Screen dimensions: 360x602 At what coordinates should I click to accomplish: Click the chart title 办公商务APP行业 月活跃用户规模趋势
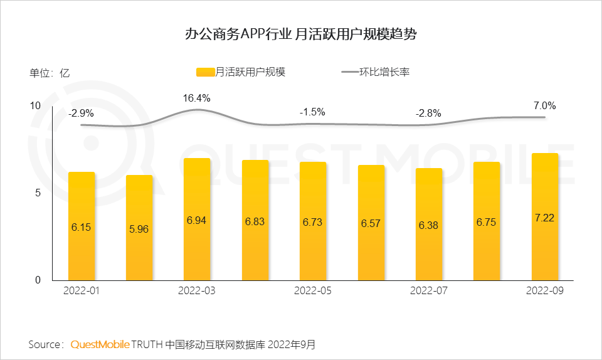(x=301, y=34)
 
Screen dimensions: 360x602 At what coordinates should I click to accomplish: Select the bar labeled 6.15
(x=82, y=226)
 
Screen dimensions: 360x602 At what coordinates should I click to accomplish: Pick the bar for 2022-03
(x=197, y=220)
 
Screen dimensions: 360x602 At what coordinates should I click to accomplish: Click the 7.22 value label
(x=544, y=218)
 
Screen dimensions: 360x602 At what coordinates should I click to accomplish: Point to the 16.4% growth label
(x=196, y=98)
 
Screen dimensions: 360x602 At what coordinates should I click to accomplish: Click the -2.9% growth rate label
(x=81, y=114)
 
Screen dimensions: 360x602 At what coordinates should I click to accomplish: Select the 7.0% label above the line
(x=544, y=105)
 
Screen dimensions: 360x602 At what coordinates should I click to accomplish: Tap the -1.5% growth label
(x=312, y=112)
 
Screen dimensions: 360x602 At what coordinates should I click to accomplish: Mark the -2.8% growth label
(x=428, y=114)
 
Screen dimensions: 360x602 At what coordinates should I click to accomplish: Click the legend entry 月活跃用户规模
(x=241, y=72)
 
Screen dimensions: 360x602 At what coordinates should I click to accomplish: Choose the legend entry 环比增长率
(x=376, y=72)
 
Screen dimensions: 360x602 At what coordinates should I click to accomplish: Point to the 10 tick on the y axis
(x=36, y=105)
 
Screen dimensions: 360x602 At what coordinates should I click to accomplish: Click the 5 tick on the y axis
(x=38, y=193)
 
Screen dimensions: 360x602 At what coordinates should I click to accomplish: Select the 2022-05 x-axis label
(x=313, y=291)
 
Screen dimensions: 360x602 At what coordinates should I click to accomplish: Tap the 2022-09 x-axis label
(x=544, y=291)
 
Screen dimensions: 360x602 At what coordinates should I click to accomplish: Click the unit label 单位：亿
(x=50, y=72)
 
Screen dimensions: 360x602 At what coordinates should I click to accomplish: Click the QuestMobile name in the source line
(x=100, y=344)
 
